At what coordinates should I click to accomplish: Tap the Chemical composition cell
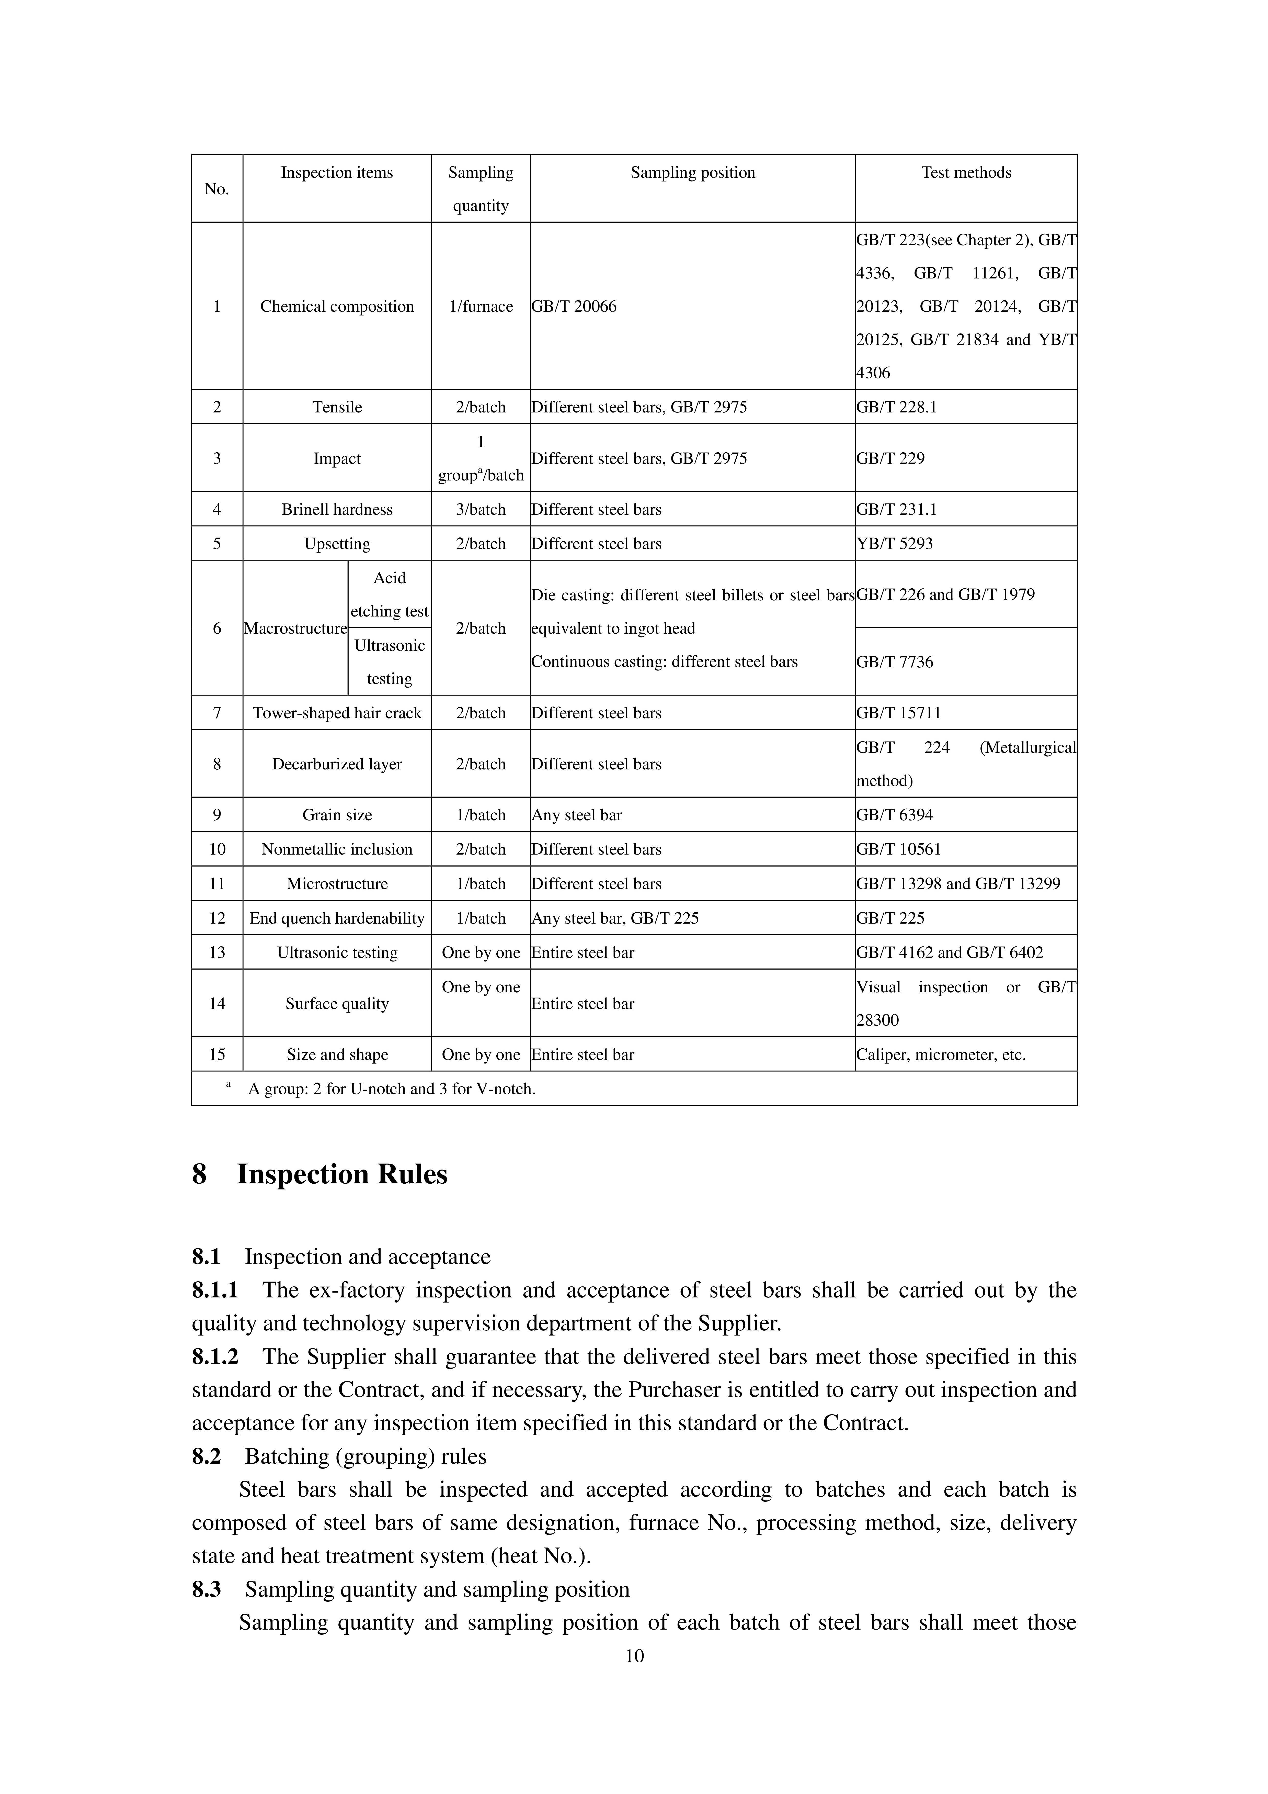tap(337, 306)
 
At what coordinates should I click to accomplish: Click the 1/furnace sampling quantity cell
tap(481, 306)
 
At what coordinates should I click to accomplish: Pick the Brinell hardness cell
tap(337, 509)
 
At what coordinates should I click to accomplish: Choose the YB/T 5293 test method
tap(895, 544)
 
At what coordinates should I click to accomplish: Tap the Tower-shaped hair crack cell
tap(337, 713)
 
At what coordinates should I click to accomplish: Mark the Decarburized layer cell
tap(337, 764)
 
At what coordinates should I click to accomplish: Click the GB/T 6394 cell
tap(895, 815)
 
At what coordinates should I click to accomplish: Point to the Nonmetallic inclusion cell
tap(337, 849)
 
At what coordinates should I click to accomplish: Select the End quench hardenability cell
tap(337, 918)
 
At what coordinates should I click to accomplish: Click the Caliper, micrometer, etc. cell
tap(941, 1055)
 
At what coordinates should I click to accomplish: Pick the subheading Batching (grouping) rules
tap(366, 1456)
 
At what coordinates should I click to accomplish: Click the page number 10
tap(634, 1656)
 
